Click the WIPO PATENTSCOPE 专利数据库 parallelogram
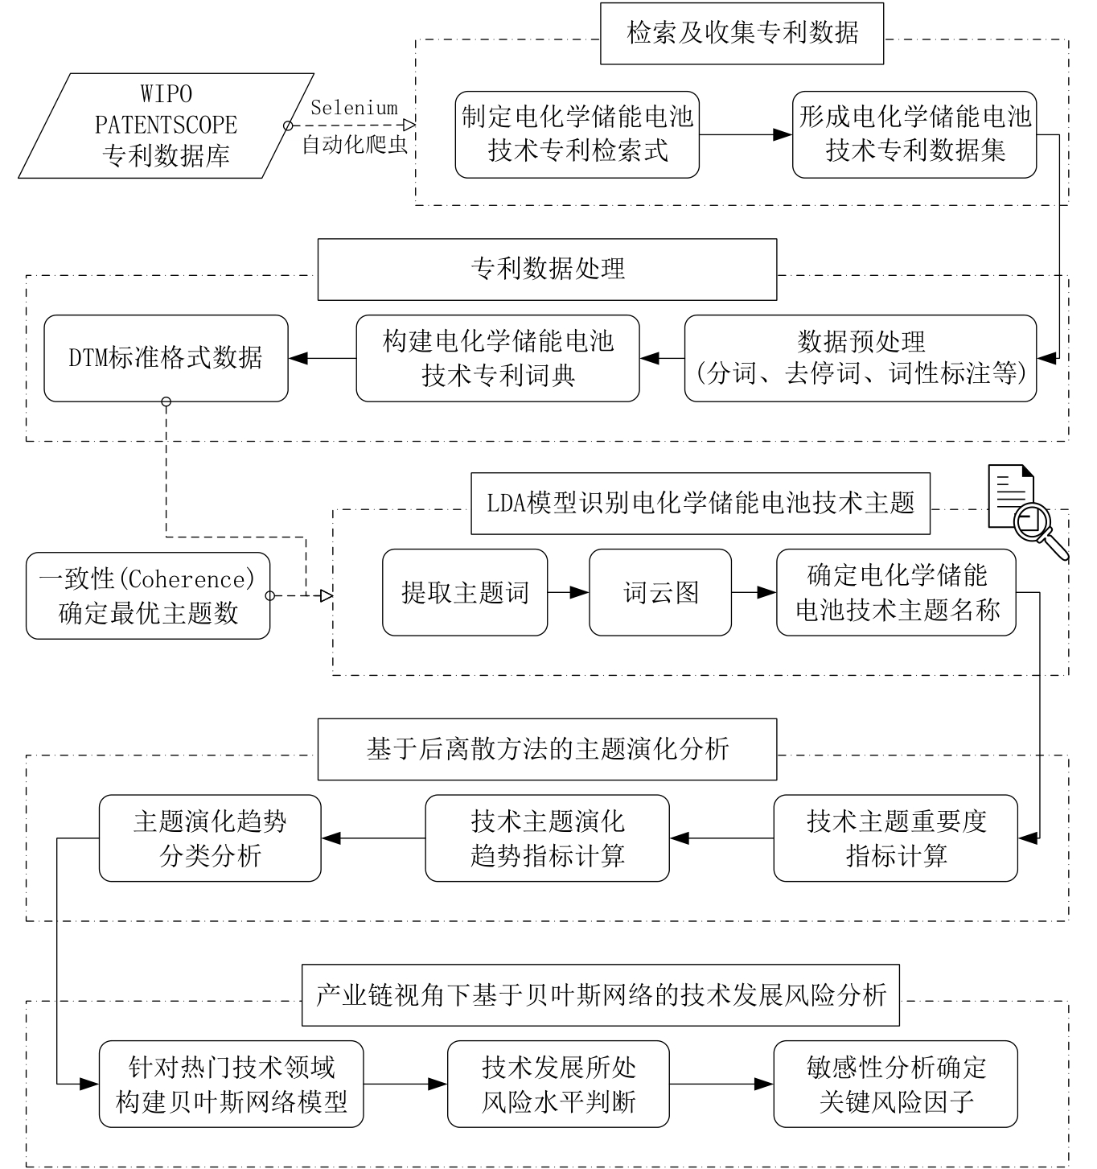pyautogui.click(x=166, y=126)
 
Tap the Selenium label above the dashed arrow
pyautogui.click(x=354, y=108)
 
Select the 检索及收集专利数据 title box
pyautogui.click(x=742, y=34)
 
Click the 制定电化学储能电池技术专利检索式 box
pyautogui.click(x=577, y=134)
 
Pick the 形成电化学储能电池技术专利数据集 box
pyautogui.click(x=914, y=134)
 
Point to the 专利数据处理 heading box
pyautogui.click(x=547, y=270)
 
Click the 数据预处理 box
pyautogui.click(x=861, y=358)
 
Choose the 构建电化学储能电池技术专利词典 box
pyautogui.click(x=498, y=358)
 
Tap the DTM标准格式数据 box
pyautogui.click(x=166, y=358)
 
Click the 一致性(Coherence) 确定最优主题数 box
pyautogui.click(x=148, y=596)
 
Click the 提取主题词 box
pyautogui.click(x=465, y=593)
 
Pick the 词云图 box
pyautogui.click(x=660, y=593)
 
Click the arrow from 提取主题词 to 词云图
pyautogui.click(x=569, y=593)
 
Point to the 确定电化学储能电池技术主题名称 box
pyautogui.click(x=896, y=593)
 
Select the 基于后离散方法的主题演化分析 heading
pyautogui.click(x=547, y=749)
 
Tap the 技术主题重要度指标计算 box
pyautogui.click(x=895, y=838)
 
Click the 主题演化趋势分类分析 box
pyautogui.click(x=210, y=838)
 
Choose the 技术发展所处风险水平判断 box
pyautogui.click(x=558, y=1085)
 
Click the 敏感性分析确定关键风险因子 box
pyautogui.click(x=895, y=1085)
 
